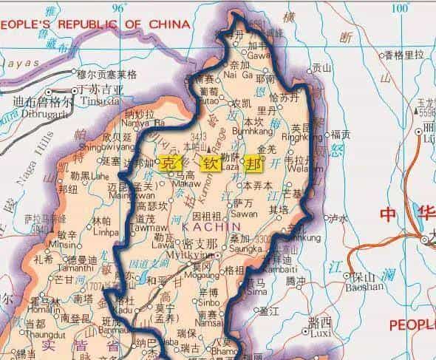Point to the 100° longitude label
click(399, 8)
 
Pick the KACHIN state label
click(202, 231)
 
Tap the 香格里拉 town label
click(403, 55)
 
